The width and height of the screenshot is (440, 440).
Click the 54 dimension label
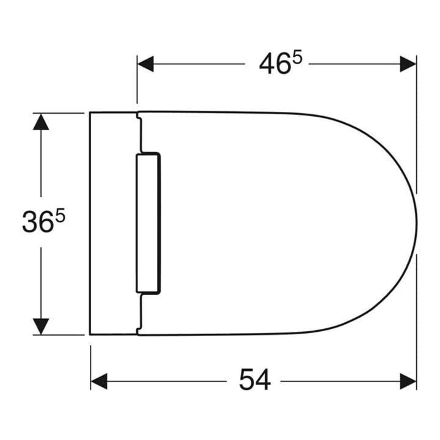point(255,380)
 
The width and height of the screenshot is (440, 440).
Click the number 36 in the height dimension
point(38,222)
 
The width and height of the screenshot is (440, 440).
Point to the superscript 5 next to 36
point(60,215)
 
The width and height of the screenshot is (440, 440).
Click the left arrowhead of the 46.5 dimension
point(145,64)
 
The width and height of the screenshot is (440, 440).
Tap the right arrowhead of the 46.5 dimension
point(408,64)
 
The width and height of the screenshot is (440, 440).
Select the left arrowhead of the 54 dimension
point(99,381)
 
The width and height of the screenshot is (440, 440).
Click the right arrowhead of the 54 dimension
point(408,381)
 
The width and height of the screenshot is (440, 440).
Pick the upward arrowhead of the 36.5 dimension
point(41,122)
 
